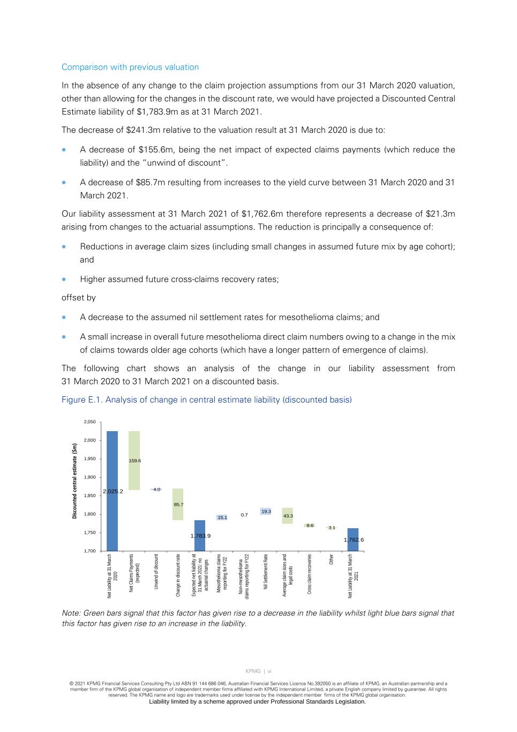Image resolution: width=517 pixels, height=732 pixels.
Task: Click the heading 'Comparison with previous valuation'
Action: pos(130,67)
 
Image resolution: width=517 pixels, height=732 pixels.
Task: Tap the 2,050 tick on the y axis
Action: pos(89,422)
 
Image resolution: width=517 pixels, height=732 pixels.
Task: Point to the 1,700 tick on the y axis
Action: pos(89,551)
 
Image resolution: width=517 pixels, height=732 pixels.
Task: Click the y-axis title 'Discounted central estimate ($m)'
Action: pos(75,481)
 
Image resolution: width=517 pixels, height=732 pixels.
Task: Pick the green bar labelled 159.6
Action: pos(134,461)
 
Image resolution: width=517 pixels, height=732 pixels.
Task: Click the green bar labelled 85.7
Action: pos(178,504)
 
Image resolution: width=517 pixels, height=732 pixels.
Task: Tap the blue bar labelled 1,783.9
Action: pos(199,536)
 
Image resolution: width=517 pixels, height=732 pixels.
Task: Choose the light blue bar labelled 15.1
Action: pos(222,517)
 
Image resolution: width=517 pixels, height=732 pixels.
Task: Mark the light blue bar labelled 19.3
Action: pos(266,512)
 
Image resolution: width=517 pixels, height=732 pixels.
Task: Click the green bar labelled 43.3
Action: pos(288,516)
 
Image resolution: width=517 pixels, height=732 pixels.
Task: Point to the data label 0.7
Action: pos(244,515)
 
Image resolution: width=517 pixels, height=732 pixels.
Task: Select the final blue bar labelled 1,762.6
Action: pos(353,539)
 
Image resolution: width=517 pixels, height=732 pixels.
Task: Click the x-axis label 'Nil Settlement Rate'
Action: pos(266,572)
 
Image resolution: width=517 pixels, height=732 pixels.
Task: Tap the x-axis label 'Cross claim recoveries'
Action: pos(310,574)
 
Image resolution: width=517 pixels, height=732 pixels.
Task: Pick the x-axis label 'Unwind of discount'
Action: pos(156,572)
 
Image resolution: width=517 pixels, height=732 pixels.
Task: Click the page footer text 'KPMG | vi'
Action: pos(258,671)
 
